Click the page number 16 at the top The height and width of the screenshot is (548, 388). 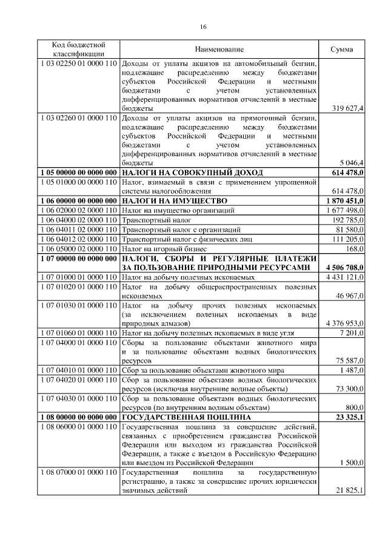pyautogui.click(x=203, y=26)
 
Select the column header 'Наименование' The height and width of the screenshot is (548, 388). pyautogui.click(x=219, y=49)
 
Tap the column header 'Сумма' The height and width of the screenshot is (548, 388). pyautogui.click(x=341, y=49)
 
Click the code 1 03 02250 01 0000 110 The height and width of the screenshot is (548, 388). pyautogui.click(x=78, y=63)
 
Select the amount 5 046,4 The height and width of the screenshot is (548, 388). pyautogui.click(x=351, y=163)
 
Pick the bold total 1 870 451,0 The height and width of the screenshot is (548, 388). pyautogui.click(x=344, y=200)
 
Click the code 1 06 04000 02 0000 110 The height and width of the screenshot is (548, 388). pyautogui.click(x=78, y=220)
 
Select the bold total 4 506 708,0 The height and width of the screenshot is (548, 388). pyautogui.click(x=344, y=267)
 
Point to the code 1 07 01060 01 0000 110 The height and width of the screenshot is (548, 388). pyautogui.click(x=78, y=332)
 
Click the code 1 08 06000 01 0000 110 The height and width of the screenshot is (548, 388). pyautogui.click(x=78, y=428)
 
